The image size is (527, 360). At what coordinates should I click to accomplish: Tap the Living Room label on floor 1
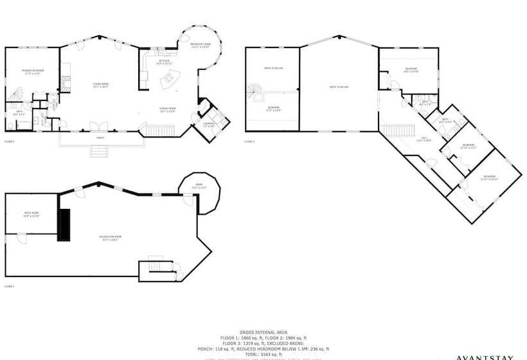pos(100,85)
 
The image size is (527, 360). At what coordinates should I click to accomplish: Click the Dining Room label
pos(168,110)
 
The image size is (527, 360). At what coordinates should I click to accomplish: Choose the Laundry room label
pos(209,124)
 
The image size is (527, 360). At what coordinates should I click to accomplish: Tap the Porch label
pos(100,137)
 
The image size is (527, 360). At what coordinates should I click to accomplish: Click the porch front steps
pos(98,151)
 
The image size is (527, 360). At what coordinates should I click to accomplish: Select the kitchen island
pos(170,81)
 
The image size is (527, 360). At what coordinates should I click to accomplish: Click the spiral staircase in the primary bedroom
pos(17,96)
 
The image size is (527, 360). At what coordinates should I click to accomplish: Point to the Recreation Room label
pos(110,238)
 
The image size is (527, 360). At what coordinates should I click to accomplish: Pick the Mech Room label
pos(31,215)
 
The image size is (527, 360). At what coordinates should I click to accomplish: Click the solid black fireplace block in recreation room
pos(64,225)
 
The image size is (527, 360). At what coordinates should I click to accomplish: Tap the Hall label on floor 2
pos(425,139)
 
